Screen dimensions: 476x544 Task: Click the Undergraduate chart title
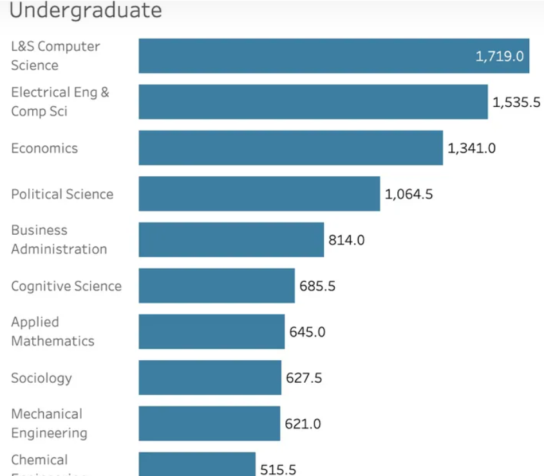(86, 10)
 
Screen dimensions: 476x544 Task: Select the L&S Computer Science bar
(303, 56)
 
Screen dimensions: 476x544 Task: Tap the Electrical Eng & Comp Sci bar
(313, 102)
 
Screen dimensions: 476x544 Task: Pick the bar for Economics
(290, 148)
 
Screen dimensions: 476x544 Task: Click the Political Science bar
(259, 194)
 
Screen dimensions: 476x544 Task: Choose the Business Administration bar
(231, 240)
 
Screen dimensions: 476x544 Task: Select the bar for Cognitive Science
(216, 286)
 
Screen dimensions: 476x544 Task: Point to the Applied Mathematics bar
(211, 331)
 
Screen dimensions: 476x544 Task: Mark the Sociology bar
(210, 378)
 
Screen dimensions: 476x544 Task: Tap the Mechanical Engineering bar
(209, 423)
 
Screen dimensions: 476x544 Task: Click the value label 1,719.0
(500, 56)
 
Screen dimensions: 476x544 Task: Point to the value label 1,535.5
(516, 102)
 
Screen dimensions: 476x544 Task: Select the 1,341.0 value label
(471, 148)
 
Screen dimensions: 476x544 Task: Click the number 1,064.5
(409, 194)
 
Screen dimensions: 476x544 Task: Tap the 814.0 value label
(346, 240)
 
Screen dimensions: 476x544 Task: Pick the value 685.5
(317, 286)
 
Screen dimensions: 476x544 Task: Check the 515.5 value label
(278, 469)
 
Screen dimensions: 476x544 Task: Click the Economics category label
(44, 148)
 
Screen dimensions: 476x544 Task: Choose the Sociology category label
(41, 378)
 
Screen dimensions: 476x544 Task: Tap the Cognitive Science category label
(66, 286)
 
